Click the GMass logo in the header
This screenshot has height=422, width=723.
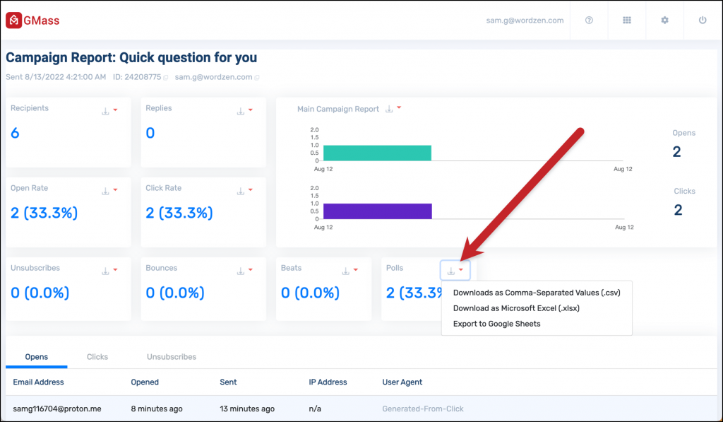click(32, 20)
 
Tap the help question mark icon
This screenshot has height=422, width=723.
click(589, 20)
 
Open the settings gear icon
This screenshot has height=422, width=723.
click(664, 20)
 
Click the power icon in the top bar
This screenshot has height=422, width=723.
click(703, 20)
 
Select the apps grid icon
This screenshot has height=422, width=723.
click(626, 20)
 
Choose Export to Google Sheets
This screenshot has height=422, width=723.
click(496, 324)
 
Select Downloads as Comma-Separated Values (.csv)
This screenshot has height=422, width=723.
click(536, 293)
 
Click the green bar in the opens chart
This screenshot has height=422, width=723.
click(376, 153)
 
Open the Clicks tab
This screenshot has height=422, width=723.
click(97, 357)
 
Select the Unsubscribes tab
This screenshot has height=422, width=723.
click(172, 357)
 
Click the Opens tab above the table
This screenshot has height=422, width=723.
click(37, 357)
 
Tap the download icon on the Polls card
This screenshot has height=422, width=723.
click(451, 271)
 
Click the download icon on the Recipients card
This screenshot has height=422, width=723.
click(105, 111)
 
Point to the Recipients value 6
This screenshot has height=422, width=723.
click(15, 133)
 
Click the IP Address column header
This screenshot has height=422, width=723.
click(328, 382)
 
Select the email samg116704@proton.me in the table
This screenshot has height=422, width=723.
click(57, 409)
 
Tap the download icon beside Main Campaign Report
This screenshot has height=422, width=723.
click(388, 110)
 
